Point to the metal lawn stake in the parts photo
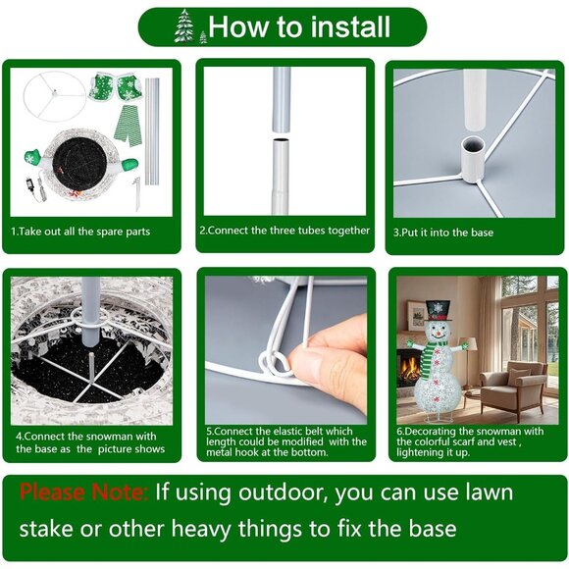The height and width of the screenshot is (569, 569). click(137, 192)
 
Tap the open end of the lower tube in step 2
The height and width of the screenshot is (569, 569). click(282, 140)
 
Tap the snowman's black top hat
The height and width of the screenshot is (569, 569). click(438, 310)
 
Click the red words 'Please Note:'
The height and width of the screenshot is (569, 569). click(83, 492)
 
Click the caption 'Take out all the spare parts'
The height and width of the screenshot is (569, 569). click(80, 232)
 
